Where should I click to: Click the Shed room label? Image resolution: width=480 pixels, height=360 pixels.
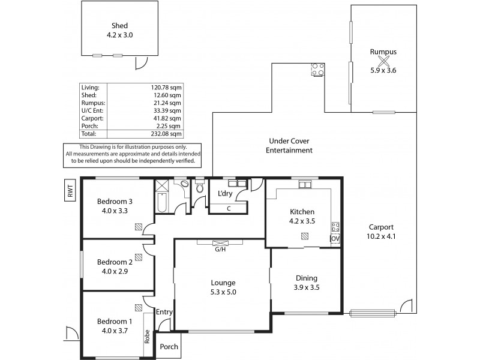(120, 26)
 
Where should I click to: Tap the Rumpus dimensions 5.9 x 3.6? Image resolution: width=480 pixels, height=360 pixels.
(383, 70)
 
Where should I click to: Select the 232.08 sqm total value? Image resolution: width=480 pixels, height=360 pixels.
(168, 134)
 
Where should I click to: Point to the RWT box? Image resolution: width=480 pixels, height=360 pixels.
(71, 191)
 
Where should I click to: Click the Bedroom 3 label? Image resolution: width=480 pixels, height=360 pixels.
(115, 202)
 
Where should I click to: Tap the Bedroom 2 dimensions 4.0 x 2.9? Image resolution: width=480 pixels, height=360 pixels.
(115, 271)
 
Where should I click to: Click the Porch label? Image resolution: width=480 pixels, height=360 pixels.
(169, 347)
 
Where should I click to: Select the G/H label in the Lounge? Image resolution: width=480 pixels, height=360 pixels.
(220, 249)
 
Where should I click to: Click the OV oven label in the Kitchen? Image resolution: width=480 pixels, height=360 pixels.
(335, 239)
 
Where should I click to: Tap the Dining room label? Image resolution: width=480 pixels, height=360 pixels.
(307, 278)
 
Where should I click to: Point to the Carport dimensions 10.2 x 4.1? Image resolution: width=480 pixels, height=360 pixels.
(382, 236)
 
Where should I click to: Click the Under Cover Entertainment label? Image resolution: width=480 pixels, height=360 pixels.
(289, 146)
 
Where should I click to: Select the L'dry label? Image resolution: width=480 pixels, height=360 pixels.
(225, 193)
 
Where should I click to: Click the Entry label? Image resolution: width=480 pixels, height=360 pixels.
(164, 312)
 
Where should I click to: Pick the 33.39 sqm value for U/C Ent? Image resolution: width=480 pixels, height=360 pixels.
(168, 110)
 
